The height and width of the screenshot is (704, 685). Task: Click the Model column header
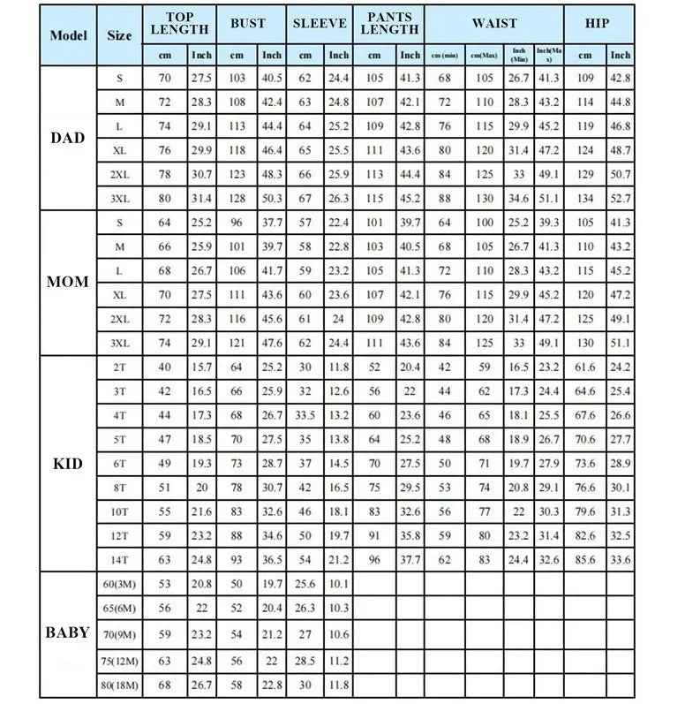point(68,35)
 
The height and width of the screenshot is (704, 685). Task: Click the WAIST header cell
point(494,24)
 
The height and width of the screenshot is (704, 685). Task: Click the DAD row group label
point(68,138)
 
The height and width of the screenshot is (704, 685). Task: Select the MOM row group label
point(68,282)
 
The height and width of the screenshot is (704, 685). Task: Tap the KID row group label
point(68,463)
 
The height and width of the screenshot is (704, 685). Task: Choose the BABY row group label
point(68,632)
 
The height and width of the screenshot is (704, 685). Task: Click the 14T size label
point(119,558)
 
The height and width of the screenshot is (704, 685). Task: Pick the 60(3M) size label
point(119,584)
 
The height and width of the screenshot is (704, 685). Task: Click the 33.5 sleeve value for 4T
point(305,415)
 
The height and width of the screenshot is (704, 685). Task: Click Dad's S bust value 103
point(237,78)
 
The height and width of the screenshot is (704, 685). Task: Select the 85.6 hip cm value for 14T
point(584,558)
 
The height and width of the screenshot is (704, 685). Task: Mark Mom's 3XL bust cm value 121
point(237,342)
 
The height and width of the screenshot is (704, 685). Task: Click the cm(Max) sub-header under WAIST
point(484,55)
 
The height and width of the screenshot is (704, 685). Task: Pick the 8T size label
point(119,487)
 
